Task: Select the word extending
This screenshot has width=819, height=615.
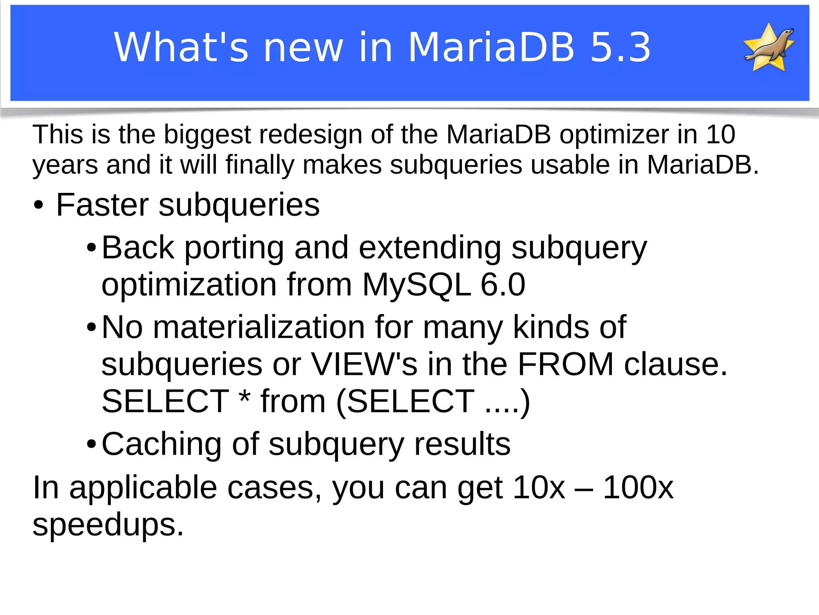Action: [430, 248]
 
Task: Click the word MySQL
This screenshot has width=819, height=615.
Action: [416, 285]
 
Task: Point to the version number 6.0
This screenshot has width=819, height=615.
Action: [503, 285]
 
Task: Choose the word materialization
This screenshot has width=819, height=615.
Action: [259, 327]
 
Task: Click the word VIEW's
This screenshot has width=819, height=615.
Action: [364, 365]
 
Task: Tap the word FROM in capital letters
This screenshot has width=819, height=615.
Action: [565, 365]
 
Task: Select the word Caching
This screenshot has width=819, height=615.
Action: [162, 445]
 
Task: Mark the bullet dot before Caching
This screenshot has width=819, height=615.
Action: [91, 445]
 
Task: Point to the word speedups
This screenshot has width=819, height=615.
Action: [108, 525]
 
